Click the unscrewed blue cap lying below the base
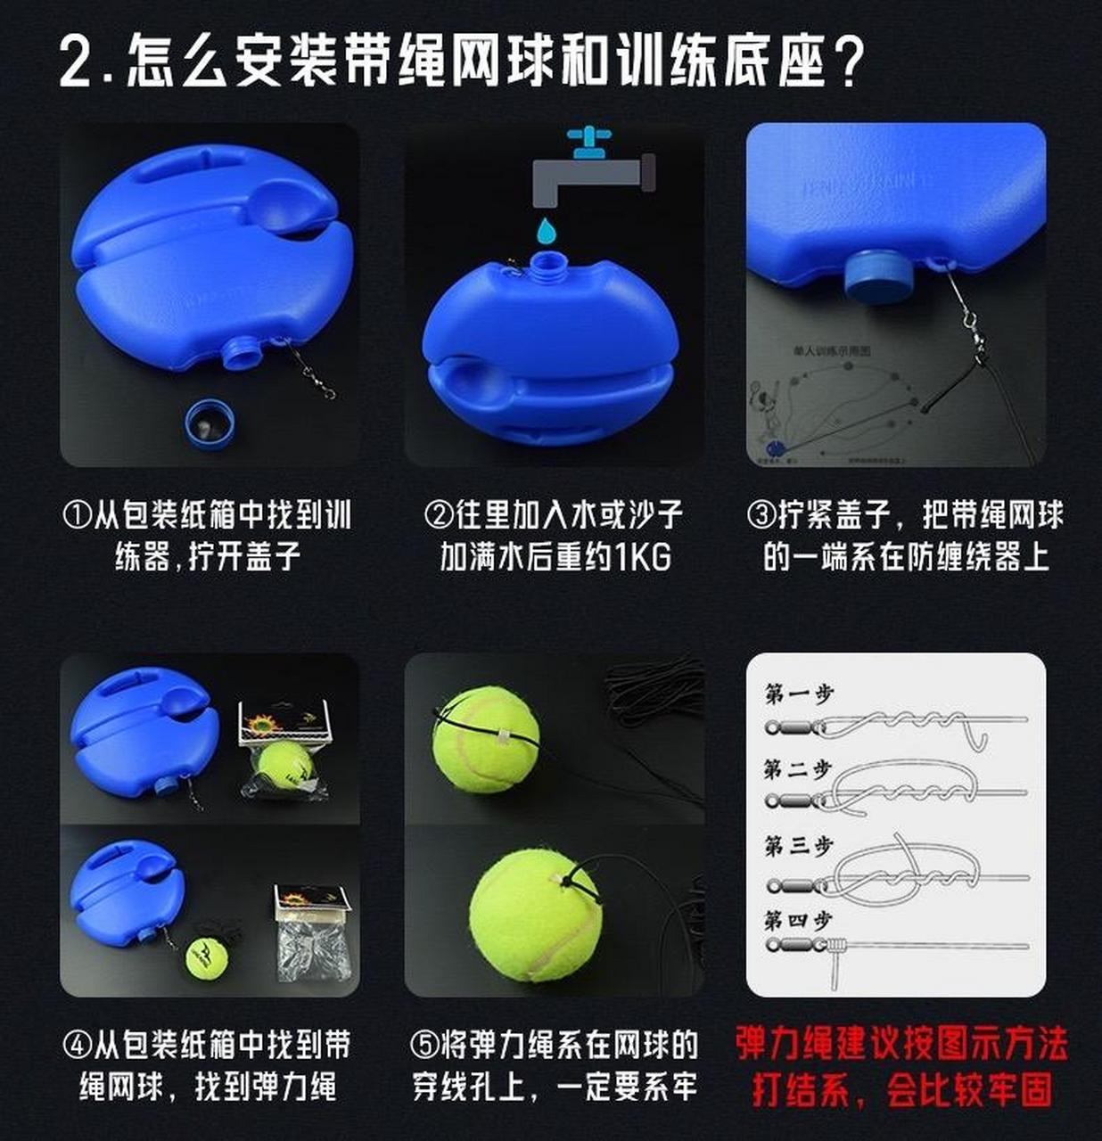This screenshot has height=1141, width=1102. pos(210,421)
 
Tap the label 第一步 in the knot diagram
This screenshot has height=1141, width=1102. pos(798,694)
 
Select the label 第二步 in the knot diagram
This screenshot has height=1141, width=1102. pos(798,769)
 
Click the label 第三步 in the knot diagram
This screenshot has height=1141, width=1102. pos(798,845)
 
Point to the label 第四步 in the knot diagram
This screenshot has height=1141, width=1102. pos(798,919)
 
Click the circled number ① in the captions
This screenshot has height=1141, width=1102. pos(77,515)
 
